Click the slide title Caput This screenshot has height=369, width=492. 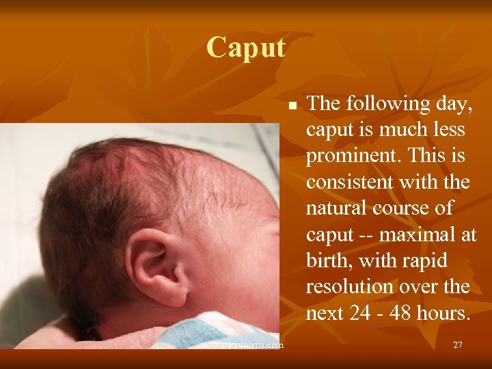pyautogui.click(x=246, y=47)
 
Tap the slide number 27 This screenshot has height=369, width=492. pyautogui.click(x=458, y=345)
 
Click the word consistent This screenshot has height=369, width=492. pyautogui.click(x=349, y=182)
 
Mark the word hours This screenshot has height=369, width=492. pyautogui.click(x=447, y=312)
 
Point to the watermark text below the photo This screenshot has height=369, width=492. pyautogui.click(x=246, y=345)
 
